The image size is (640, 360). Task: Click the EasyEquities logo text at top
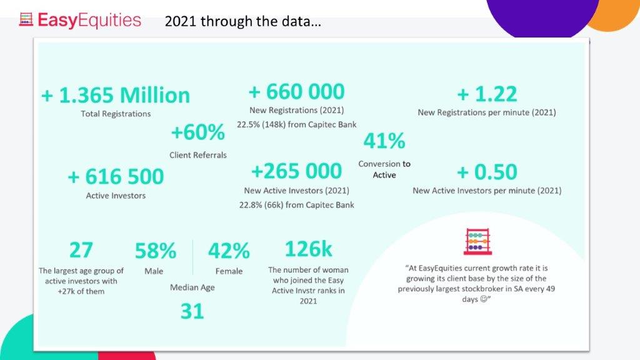pyautogui.click(x=89, y=20)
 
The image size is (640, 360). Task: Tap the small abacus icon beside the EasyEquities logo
pyautogui.click(x=26, y=20)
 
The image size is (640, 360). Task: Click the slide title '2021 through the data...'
pyautogui.click(x=243, y=22)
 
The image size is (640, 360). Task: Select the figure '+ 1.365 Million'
pyautogui.click(x=116, y=96)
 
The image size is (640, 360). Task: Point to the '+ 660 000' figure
pyautogui.click(x=296, y=92)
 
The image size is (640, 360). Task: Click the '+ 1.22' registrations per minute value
pyautogui.click(x=487, y=94)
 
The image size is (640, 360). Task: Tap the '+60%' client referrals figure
pyautogui.click(x=197, y=132)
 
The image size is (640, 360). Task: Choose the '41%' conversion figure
pyautogui.click(x=384, y=141)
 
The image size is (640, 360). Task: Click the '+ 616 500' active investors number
pyautogui.click(x=116, y=177)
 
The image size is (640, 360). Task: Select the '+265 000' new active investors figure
pyautogui.click(x=296, y=171)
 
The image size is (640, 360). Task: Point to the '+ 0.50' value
pyautogui.click(x=487, y=171)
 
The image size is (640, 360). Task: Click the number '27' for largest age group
pyautogui.click(x=81, y=250)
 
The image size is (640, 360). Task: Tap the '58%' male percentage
pyautogui.click(x=155, y=251)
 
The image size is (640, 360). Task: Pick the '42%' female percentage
pyautogui.click(x=229, y=251)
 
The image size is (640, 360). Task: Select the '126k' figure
pyautogui.click(x=309, y=249)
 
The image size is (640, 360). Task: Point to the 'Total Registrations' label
pyautogui.click(x=116, y=114)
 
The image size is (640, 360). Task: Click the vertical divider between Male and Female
pyautogui.click(x=192, y=257)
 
